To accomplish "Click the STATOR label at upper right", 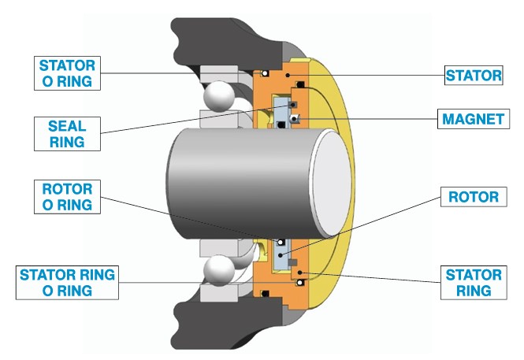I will [x=473, y=76].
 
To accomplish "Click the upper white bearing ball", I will [x=217, y=98].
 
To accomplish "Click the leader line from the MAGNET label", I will [x=370, y=120].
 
